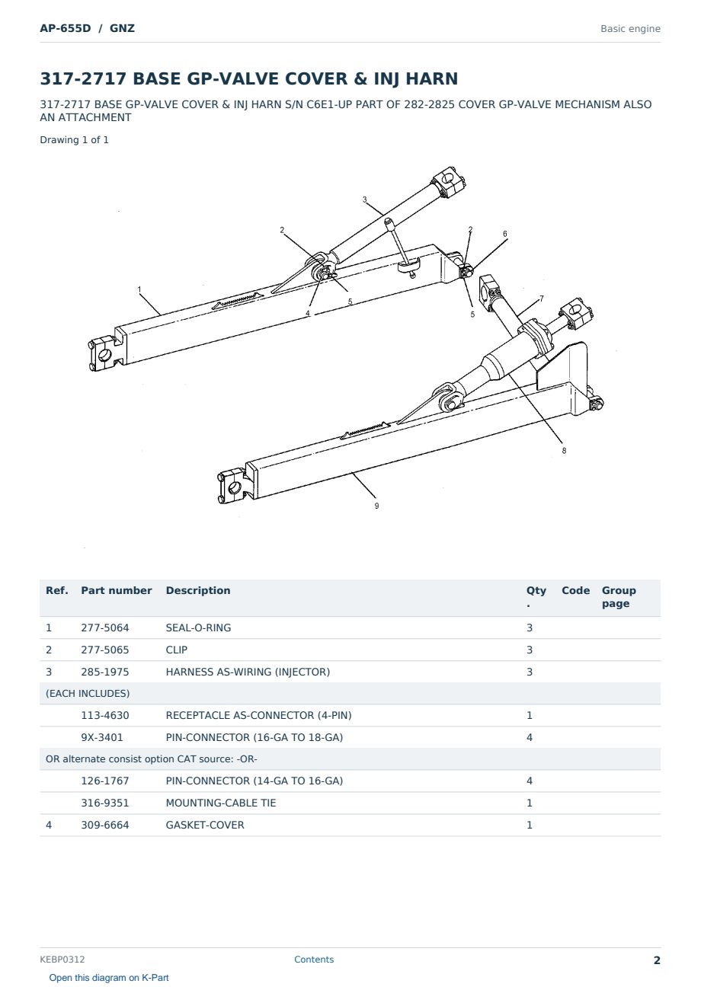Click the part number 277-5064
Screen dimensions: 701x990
tap(105, 628)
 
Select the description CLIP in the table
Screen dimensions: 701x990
tap(177, 650)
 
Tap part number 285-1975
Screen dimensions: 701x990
tap(105, 672)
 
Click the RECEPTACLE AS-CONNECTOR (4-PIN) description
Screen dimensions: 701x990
tap(258, 715)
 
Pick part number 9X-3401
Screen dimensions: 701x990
tap(102, 737)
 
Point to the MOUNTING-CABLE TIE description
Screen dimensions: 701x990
tap(221, 803)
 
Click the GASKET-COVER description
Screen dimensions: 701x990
tap(205, 825)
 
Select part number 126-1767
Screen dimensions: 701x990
tap(105, 781)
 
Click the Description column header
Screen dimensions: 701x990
tap(198, 590)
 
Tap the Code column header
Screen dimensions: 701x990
tap(575, 590)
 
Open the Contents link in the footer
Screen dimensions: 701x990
tap(314, 959)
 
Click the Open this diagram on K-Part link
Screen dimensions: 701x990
tap(109, 978)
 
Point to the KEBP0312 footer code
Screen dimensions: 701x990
tap(62, 959)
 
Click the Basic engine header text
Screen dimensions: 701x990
tap(630, 29)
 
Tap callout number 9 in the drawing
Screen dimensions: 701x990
tap(377, 506)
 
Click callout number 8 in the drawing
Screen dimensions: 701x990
tap(564, 450)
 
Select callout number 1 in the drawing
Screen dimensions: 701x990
tap(139, 289)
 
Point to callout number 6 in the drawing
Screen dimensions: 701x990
tap(505, 234)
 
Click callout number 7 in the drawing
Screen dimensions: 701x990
tap(542, 299)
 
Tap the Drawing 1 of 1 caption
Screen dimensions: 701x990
tap(75, 140)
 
